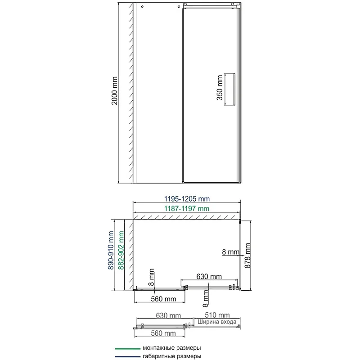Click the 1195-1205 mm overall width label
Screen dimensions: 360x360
coord(186,199)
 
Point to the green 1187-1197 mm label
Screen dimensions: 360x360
coord(186,208)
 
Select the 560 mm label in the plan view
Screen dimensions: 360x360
coord(163,298)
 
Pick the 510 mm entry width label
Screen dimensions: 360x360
coord(217,315)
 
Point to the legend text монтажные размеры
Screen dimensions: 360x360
coord(171,348)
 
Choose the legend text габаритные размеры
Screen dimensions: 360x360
coord(171,356)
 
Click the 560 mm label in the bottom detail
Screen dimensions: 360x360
coord(163,333)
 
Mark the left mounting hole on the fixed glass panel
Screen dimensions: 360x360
coord(142,7)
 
